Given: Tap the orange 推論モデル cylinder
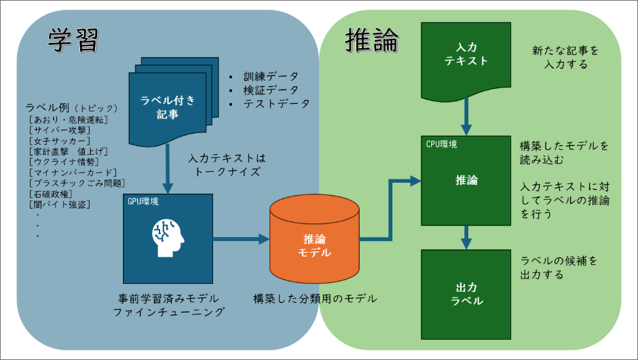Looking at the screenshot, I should tap(314, 245).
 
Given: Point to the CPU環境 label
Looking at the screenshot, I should tap(441, 144).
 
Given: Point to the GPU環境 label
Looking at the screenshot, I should tap(143, 202).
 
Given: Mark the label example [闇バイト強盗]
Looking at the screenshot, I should tap(60, 204).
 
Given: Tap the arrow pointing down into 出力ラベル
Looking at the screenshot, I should tap(466, 237).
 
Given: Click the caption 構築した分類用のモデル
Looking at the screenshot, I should tap(315, 298).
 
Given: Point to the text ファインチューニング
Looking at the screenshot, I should tap(168, 312).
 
